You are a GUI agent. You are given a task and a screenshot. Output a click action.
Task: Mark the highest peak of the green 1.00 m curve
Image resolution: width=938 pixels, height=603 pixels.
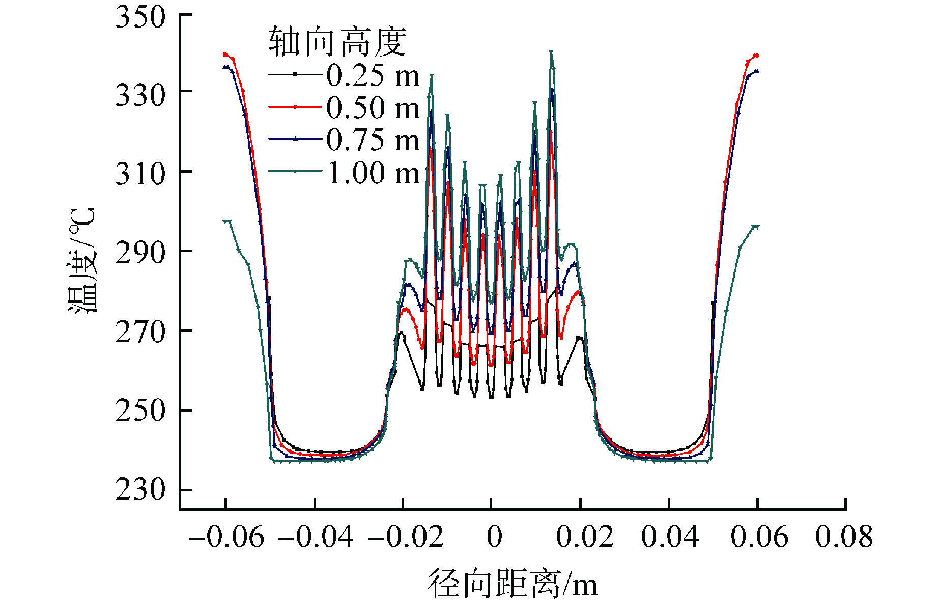click(551, 52)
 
